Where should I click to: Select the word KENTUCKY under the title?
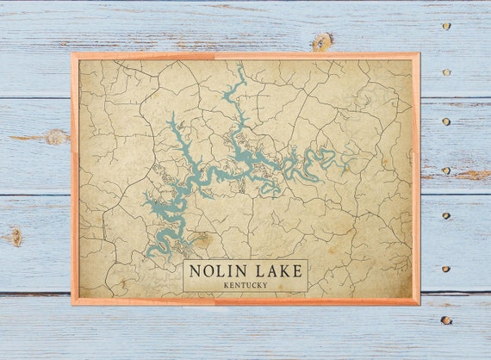tap(245, 285)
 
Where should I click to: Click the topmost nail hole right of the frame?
tap(445, 26)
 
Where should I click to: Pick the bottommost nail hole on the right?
tap(445, 320)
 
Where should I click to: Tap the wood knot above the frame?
tap(322, 40)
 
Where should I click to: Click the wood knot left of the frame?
tap(55, 136)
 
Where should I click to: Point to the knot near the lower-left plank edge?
tap(15, 235)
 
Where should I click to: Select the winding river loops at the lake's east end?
tap(323, 158)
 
